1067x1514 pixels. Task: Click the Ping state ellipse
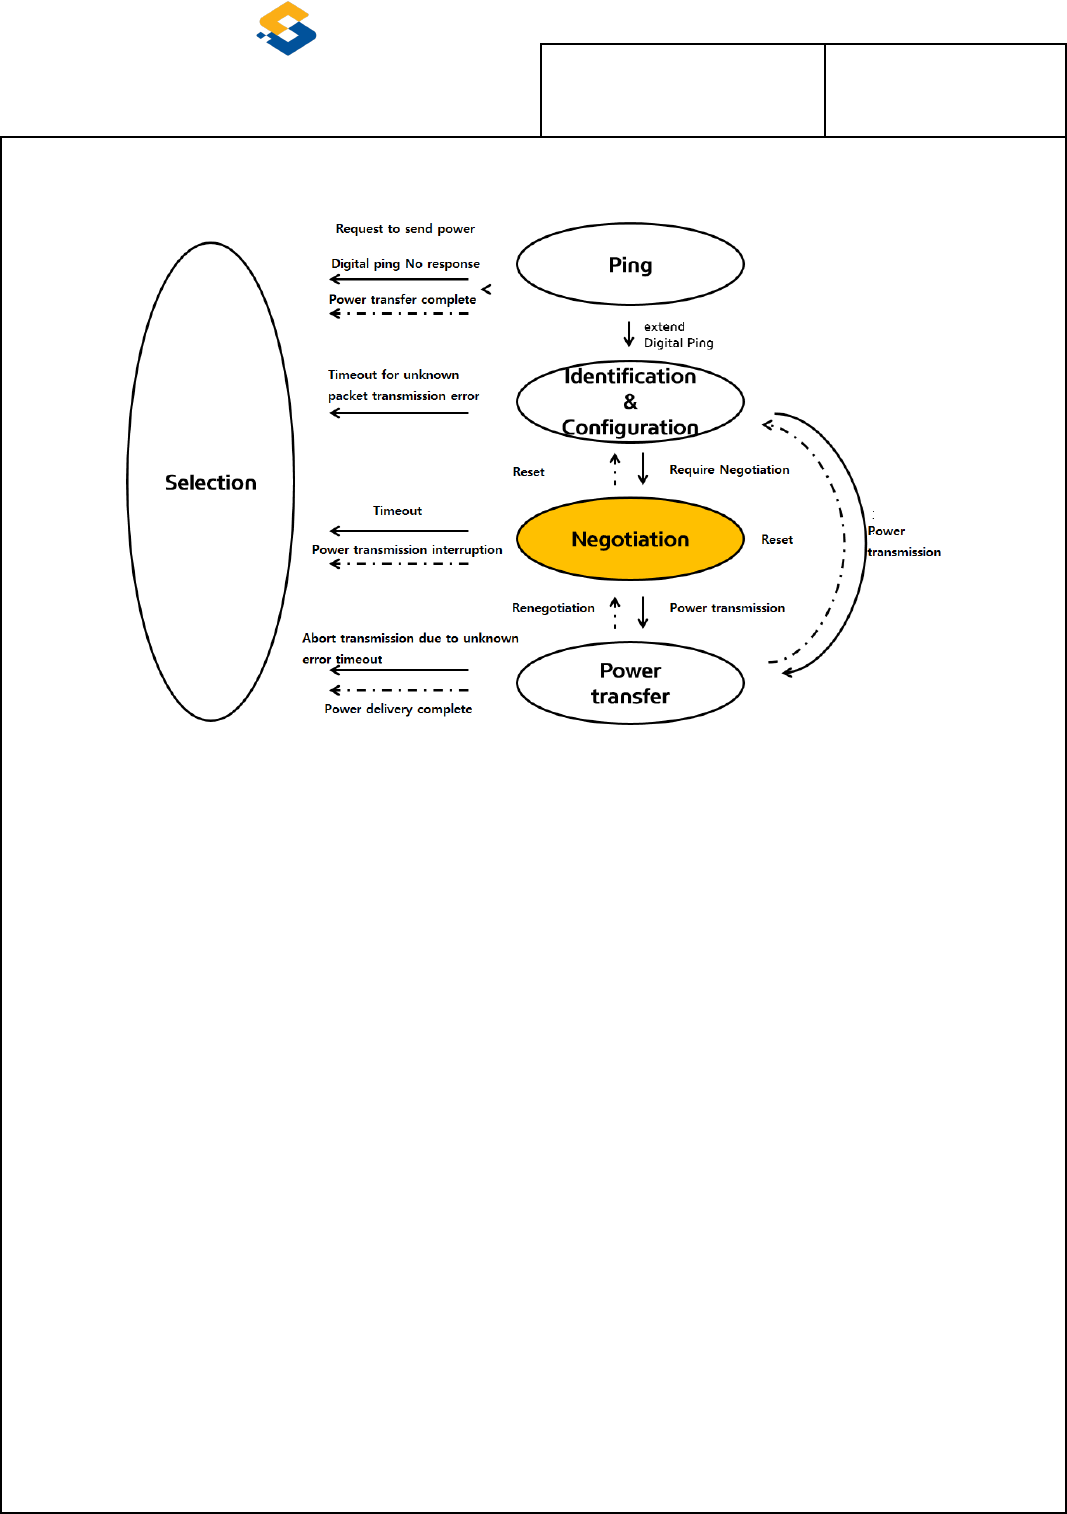point(630,264)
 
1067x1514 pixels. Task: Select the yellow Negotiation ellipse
point(630,539)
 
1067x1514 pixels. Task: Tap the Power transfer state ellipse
point(630,683)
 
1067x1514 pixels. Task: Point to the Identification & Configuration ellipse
point(630,401)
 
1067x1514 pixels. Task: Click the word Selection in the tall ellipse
point(211,482)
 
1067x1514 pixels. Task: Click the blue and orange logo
point(287,28)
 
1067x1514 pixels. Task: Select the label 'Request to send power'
point(405,229)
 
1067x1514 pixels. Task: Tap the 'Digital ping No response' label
point(405,264)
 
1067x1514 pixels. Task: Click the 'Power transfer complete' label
point(402,299)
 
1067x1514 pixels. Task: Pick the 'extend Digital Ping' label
point(678,335)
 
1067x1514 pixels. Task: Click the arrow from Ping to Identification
point(629,333)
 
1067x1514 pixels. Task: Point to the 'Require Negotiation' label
point(729,470)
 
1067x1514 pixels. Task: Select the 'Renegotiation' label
point(553,608)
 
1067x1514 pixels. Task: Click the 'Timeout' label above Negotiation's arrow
point(397,511)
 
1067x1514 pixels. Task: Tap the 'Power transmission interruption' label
point(407,550)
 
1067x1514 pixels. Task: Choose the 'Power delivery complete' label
point(398,709)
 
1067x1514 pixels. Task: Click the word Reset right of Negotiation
point(777,540)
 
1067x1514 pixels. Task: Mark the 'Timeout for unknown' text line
point(393,375)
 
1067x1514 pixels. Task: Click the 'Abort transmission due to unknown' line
point(410,638)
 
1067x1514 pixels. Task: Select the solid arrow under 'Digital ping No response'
point(399,279)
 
